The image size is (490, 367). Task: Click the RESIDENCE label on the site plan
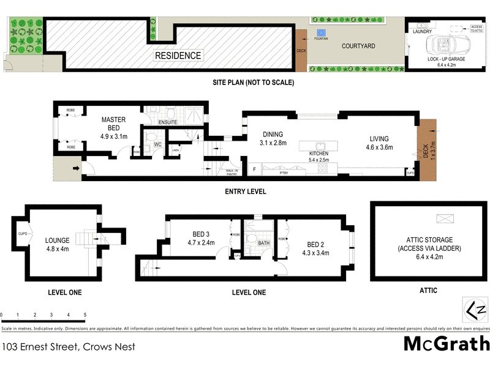178,56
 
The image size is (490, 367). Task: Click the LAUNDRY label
423,31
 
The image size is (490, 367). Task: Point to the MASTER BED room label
114,124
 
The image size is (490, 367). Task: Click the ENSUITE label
167,122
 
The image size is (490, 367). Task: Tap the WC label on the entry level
157,144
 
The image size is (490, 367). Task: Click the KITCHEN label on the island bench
318,154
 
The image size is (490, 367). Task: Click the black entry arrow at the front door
76,168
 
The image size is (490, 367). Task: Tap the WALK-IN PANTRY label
232,173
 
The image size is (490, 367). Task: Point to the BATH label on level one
264,243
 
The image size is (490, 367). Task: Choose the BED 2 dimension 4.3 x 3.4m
315,252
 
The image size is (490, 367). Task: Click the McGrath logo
446,344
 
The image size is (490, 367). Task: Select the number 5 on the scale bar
85,315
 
